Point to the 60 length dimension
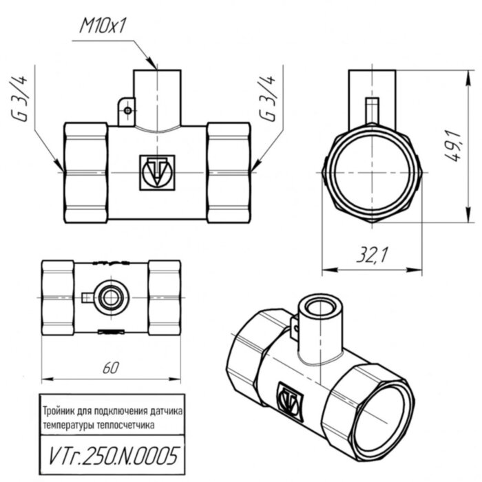(x=110, y=368)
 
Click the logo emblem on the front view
(x=158, y=171)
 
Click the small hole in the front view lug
(x=127, y=108)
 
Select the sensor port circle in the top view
(x=110, y=297)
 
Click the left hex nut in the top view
(x=57, y=297)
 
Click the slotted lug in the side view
(x=372, y=109)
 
